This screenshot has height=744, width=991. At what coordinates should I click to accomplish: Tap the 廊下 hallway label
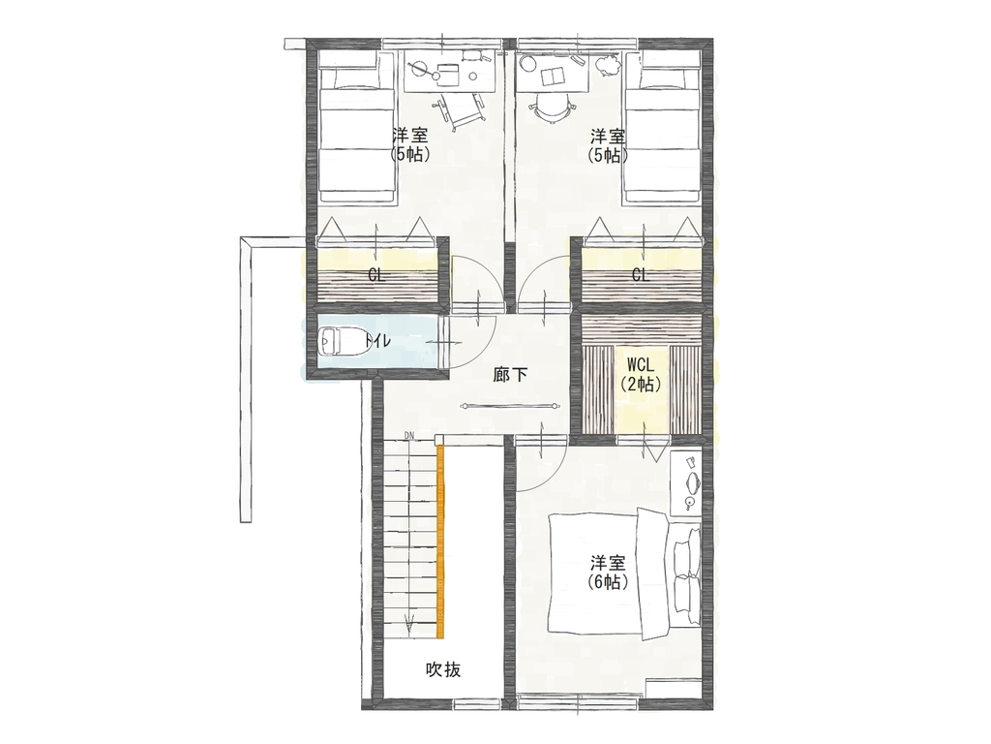click(x=510, y=375)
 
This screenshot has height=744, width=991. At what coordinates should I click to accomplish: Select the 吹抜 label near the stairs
click(x=443, y=669)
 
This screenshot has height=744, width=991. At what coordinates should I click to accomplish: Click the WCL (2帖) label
click(x=641, y=375)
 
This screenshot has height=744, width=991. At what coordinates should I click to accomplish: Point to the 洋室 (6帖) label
click(x=608, y=573)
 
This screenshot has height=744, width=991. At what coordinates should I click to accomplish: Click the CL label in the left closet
click(x=376, y=276)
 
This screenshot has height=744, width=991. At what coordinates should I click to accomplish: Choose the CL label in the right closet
click(x=641, y=275)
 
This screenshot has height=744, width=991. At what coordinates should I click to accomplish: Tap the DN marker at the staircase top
click(x=409, y=435)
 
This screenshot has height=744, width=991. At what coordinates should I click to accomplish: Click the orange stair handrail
click(x=440, y=542)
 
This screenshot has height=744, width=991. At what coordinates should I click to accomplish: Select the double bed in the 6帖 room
click(x=624, y=573)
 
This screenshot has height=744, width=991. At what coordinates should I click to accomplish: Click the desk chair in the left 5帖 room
click(x=461, y=110)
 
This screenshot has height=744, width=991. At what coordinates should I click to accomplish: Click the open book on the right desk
click(x=554, y=76)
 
